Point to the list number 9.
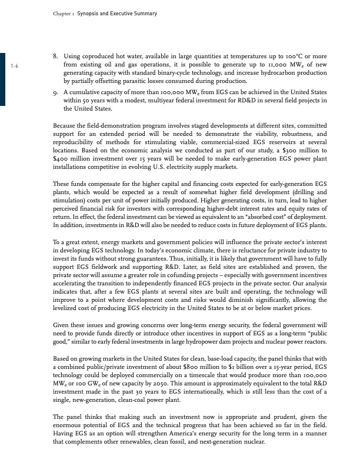pyautogui.click(x=55, y=92)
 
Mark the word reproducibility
pyautogui.click(x=78, y=144)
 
